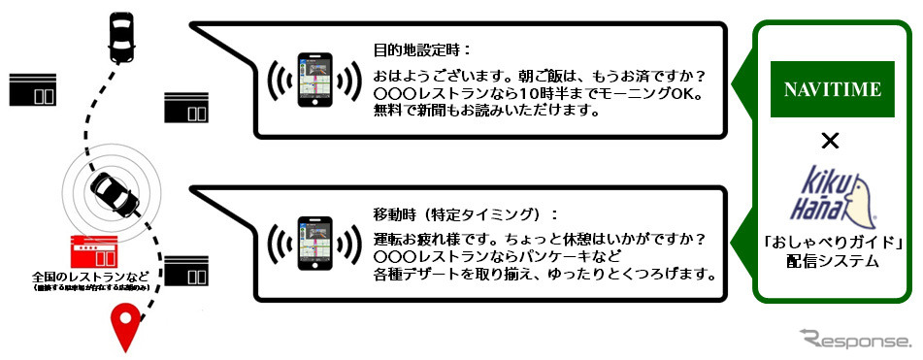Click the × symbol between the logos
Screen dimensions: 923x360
(x=830, y=142)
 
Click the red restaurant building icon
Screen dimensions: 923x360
(x=94, y=255)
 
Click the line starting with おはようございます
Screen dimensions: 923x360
(x=539, y=75)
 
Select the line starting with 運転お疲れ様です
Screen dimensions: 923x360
(x=538, y=239)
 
